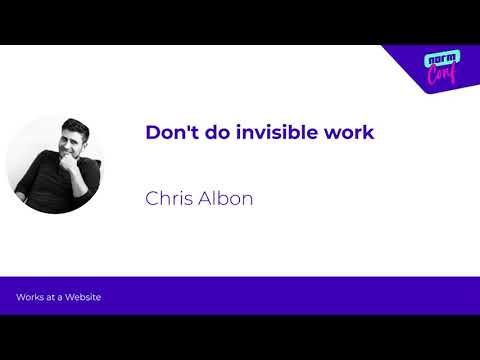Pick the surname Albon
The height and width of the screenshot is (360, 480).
[x=226, y=197]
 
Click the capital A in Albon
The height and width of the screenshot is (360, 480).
[x=206, y=197]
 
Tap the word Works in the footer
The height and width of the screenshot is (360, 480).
[x=29, y=298]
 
